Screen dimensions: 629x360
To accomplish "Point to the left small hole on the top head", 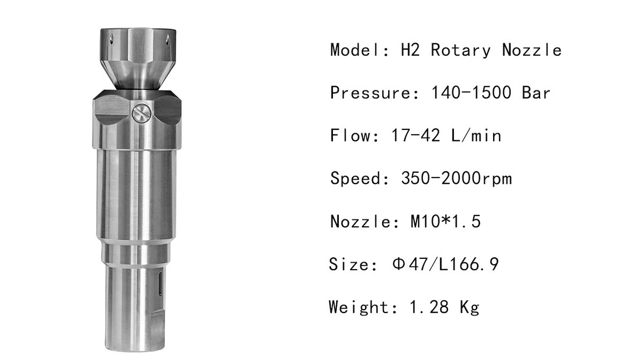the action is (112, 39).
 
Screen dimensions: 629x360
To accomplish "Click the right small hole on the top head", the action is (167, 39).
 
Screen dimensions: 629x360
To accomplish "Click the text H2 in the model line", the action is (410, 50).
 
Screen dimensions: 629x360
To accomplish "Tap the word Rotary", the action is (460, 50).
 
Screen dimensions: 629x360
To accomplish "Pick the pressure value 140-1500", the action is (471, 93).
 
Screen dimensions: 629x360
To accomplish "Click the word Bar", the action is (535, 93).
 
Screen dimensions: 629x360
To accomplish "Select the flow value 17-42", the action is (415, 135).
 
